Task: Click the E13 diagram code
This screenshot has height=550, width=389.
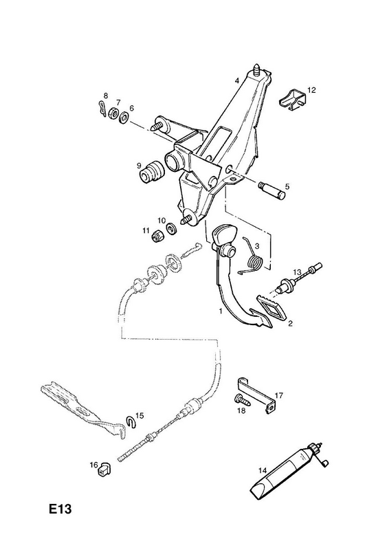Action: tap(60, 509)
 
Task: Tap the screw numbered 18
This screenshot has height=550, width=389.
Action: tap(243, 400)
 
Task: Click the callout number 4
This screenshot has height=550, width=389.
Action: tap(237, 80)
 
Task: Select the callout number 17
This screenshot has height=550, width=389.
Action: tap(279, 395)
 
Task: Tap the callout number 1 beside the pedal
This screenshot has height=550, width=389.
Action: tap(221, 311)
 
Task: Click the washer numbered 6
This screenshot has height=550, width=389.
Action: tap(124, 117)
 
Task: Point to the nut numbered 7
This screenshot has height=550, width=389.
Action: tap(113, 113)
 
